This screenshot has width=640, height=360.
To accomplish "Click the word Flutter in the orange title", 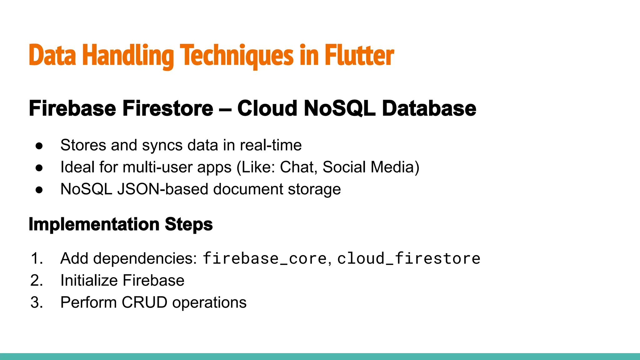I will tap(359, 56).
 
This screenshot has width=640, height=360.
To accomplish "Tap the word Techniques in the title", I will tap(237, 56).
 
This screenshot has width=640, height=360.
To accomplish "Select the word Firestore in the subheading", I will tap(167, 108).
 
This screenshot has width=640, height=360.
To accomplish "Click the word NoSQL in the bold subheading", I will tap(339, 108).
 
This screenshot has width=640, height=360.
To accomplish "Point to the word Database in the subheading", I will tap(429, 108).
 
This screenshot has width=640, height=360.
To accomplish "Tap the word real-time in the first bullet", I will tap(271, 145).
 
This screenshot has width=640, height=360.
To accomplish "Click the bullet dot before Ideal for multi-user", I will tap(39, 168).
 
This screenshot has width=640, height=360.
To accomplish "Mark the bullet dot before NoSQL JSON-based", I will tap(39, 190).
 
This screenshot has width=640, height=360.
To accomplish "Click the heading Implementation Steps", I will tap(121, 224).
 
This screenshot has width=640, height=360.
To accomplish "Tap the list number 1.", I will tap(36, 259).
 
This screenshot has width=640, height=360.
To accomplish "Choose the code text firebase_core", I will tap(265, 259).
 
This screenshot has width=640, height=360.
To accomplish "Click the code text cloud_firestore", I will tap(408, 259).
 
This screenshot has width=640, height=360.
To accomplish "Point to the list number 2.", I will tap(36, 281).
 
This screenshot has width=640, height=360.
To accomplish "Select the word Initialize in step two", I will tap(87, 280).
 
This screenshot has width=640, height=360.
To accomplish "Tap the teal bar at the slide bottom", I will tap(320, 357).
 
